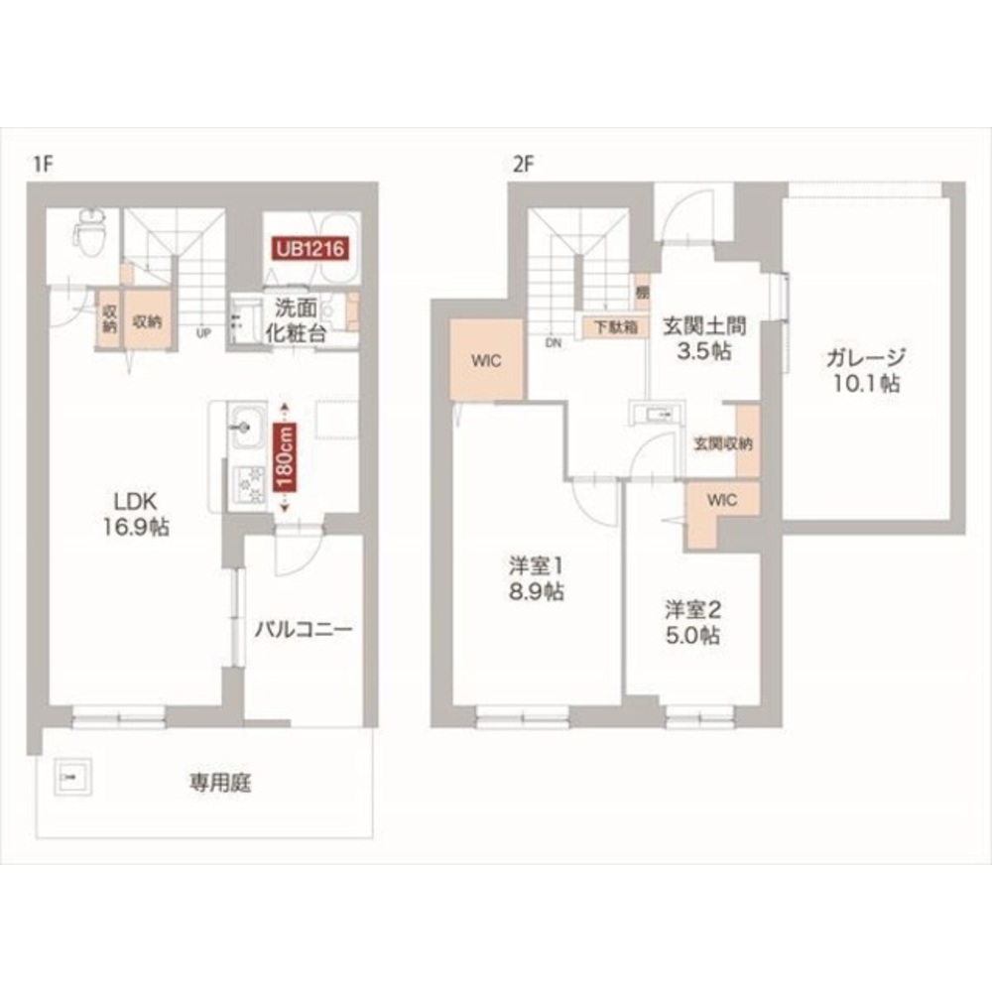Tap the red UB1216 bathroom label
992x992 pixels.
310,248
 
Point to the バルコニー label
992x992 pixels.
304,630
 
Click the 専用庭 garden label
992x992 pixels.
220,784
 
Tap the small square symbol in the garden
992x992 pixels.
72,775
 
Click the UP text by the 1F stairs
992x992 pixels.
203,332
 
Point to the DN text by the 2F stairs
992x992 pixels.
553,342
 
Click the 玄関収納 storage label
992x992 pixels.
722,443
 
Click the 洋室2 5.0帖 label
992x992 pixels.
691,622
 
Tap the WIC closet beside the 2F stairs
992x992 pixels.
486,360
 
